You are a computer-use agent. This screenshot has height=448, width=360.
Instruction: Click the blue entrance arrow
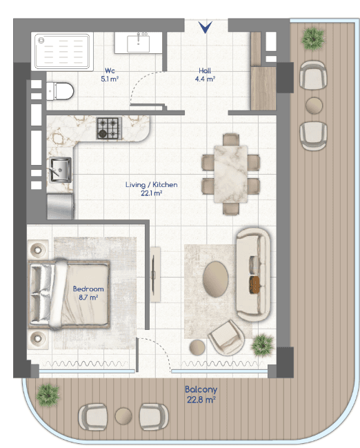(x=206, y=27)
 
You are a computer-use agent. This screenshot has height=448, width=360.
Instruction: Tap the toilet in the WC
(x=60, y=91)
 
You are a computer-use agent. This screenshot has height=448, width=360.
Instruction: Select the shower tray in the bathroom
(x=62, y=52)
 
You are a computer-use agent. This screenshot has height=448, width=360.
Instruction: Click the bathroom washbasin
(x=138, y=43)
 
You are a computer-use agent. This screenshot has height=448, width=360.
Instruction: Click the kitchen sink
(x=60, y=170)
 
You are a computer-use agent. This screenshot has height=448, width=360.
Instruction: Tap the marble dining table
(x=230, y=174)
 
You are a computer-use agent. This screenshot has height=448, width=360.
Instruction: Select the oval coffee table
(x=216, y=279)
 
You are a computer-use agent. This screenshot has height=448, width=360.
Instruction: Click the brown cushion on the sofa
(x=254, y=284)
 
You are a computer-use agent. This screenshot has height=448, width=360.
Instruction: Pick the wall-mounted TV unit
(x=154, y=275)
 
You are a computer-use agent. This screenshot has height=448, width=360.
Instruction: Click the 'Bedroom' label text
(x=88, y=289)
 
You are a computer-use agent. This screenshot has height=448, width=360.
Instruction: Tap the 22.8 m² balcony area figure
(x=201, y=400)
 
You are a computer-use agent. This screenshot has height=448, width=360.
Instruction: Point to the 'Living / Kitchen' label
(x=151, y=184)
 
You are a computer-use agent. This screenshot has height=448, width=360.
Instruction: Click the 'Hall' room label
(x=205, y=70)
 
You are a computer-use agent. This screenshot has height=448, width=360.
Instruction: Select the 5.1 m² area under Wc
(x=110, y=79)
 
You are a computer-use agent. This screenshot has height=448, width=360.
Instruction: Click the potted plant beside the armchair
(x=262, y=345)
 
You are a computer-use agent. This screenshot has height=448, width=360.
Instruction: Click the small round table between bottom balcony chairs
(x=123, y=416)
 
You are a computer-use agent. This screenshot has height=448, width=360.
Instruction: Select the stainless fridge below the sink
(x=60, y=206)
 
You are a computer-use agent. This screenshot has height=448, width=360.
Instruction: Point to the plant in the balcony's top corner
(x=313, y=39)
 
